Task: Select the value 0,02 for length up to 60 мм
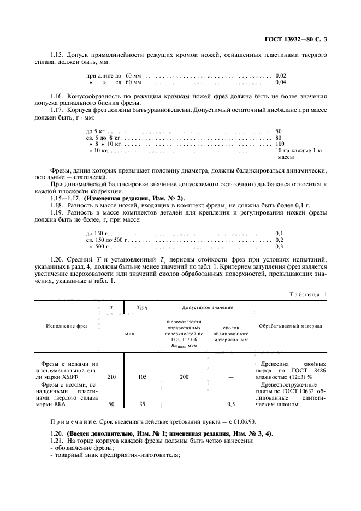pos(281,75)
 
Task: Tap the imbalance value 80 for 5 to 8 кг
pos(279,139)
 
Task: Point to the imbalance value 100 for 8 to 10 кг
pos(281,145)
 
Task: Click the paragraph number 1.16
pos(57,96)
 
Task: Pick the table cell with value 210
pos(111,377)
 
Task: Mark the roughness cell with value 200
pos(184,377)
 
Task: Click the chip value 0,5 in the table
pos(231,405)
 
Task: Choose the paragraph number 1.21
pos(57,441)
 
